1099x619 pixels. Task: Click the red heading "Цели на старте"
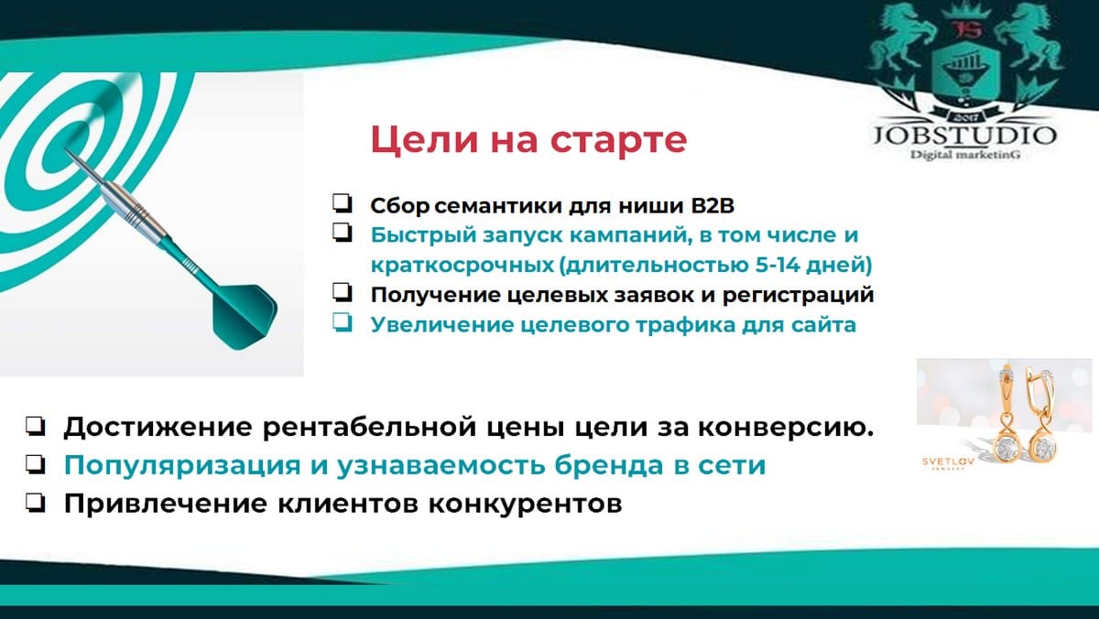click(x=528, y=140)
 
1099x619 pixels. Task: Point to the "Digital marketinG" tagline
click(x=965, y=155)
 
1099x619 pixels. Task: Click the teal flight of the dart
click(x=245, y=316)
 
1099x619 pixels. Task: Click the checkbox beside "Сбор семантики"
click(x=342, y=203)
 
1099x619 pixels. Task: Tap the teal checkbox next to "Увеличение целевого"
click(x=342, y=322)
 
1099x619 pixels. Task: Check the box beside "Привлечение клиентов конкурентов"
click(x=36, y=503)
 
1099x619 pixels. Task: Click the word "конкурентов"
click(x=525, y=504)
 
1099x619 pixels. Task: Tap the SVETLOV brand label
click(x=949, y=462)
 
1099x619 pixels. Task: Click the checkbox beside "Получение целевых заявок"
click(x=342, y=292)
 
